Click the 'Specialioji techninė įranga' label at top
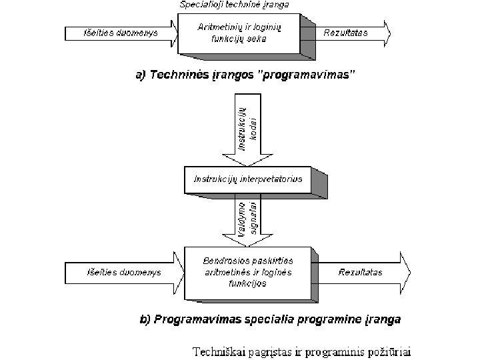click(233, 5)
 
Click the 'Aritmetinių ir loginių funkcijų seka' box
click(239, 33)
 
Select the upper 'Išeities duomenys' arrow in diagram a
click(120, 33)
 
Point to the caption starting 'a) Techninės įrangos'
click(245, 75)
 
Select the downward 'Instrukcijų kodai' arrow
click(247, 130)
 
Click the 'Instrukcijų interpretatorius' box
click(247, 179)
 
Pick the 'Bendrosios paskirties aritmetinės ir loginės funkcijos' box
click(247, 271)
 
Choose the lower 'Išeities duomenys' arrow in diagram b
click(124, 272)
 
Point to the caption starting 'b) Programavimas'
click(270, 319)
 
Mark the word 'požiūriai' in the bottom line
click(391, 349)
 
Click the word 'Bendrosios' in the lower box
click(224, 260)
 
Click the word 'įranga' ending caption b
click(385, 319)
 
